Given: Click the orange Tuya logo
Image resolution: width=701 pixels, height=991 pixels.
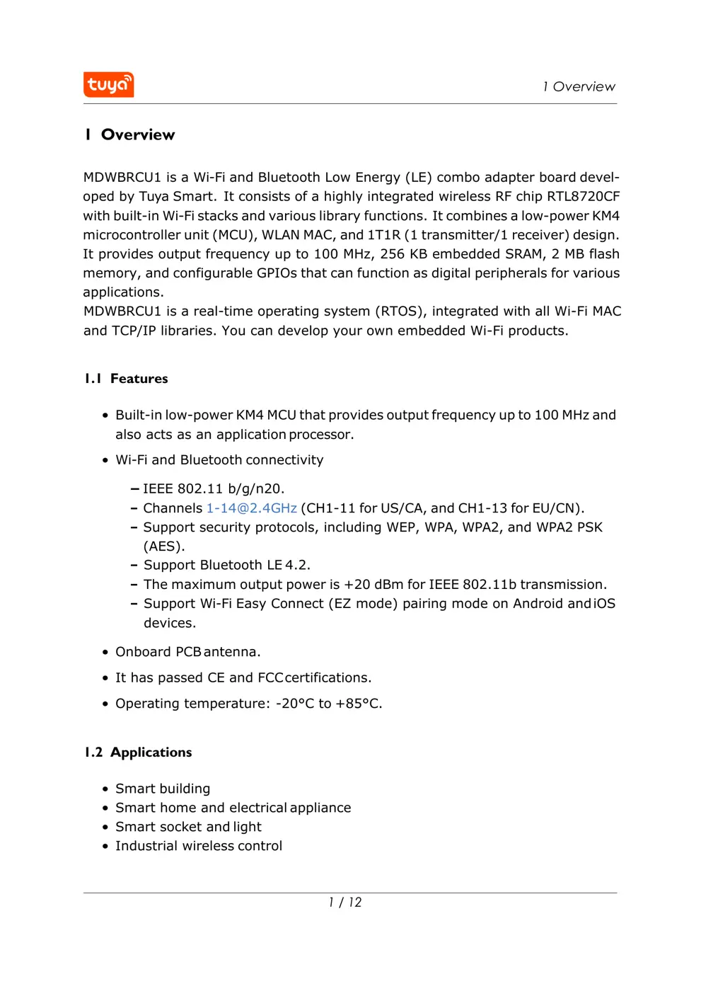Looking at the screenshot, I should pyautogui.click(x=108, y=85).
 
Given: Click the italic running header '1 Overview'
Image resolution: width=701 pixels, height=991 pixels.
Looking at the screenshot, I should pyautogui.click(x=579, y=86).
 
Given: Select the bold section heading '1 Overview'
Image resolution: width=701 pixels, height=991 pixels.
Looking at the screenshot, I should pyautogui.click(x=129, y=134).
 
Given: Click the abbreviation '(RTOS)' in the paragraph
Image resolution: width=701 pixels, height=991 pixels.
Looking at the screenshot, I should pyautogui.click(x=400, y=311).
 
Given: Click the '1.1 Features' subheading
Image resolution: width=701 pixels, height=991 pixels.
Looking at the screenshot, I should pyautogui.click(x=127, y=379).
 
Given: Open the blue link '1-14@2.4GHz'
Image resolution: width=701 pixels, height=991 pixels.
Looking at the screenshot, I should pyautogui.click(x=251, y=508).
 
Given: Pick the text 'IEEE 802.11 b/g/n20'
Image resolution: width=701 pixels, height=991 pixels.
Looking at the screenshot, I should pyautogui.click(x=212, y=489).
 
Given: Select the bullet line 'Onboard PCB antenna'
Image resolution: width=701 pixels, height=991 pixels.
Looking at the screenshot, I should pyautogui.click(x=187, y=652).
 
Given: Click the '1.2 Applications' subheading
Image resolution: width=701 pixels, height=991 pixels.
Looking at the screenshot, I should pyautogui.click(x=138, y=752).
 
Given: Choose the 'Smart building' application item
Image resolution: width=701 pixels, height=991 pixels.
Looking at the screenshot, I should pyautogui.click(x=163, y=789).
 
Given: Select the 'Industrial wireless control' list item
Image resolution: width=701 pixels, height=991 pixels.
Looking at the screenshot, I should pyautogui.click(x=199, y=846).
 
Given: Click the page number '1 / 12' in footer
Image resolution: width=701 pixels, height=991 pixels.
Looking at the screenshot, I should pyautogui.click(x=345, y=903).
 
